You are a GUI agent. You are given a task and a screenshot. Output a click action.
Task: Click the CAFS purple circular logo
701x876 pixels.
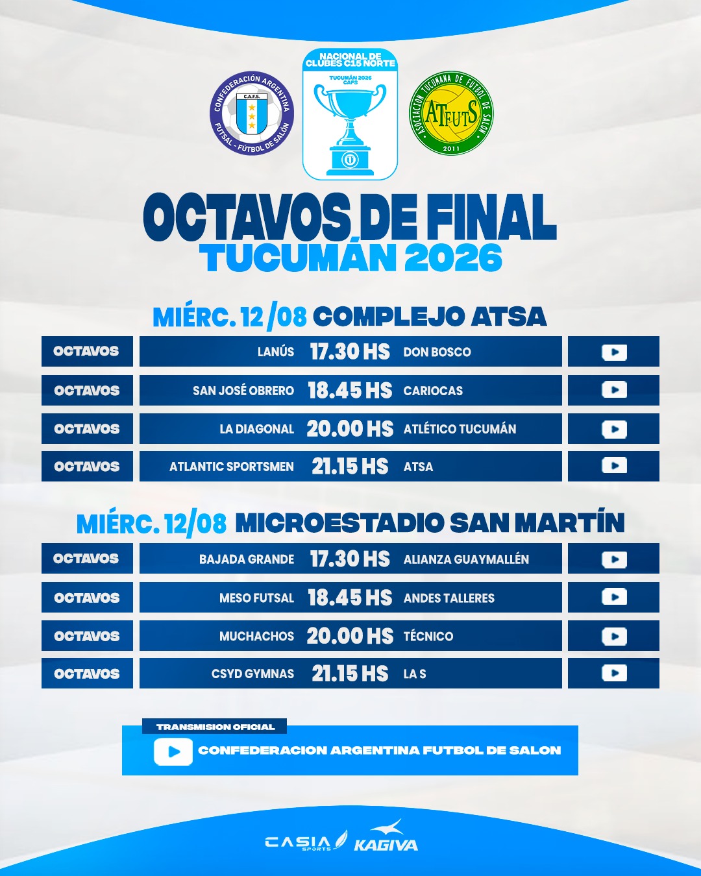pyautogui.click(x=252, y=113)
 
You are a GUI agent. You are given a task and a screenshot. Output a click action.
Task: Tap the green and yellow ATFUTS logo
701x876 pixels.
pyautogui.click(x=451, y=113)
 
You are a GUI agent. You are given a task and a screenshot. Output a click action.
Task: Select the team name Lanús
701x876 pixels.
pyautogui.click(x=275, y=352)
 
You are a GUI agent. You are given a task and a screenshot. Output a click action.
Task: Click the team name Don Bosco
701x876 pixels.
pyautogui.click(x=437, y=352)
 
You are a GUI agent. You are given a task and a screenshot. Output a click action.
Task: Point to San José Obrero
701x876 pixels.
pyautogui.click(x=243, y=391)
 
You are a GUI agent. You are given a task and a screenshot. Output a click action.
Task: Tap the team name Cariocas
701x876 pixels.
pyautogui.click(x=433, y=391)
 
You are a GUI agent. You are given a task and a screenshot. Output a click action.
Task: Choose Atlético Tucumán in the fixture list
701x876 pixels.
pyautogui.click(x=460, y=429)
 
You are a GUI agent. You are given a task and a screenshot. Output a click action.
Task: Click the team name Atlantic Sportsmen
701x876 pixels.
pyautogui.click(x=231, y=467)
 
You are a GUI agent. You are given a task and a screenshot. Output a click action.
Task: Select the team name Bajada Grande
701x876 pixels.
pyautogui.click(x=247, y=559)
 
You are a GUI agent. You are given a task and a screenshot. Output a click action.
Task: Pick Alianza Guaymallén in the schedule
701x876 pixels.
pyautogui.click(x=466, y=559)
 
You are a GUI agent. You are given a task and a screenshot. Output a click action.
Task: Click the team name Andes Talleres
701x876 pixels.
pyautogui.click(x=449, y=598)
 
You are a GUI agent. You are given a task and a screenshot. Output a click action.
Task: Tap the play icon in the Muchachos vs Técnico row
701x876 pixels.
pyautogui.click(x=614, y=637)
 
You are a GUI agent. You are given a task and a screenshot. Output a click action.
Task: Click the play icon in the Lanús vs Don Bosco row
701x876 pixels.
pyautogui.click(x=614, y=352)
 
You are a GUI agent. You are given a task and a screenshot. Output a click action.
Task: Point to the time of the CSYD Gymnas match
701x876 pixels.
pyautogui.click(x=350, y=674)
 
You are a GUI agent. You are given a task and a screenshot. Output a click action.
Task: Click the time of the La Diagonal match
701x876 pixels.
pyautogui.click(x=350, y=429)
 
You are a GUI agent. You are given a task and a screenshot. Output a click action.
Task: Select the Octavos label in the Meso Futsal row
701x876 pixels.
pyautogui.click(x=87, y=598)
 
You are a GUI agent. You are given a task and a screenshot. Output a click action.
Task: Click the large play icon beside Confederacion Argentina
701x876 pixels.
pyautogui.click(x=173, y=751)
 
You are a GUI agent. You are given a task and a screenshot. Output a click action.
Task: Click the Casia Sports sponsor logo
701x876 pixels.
pyautogui.click(x=306, y=841)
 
